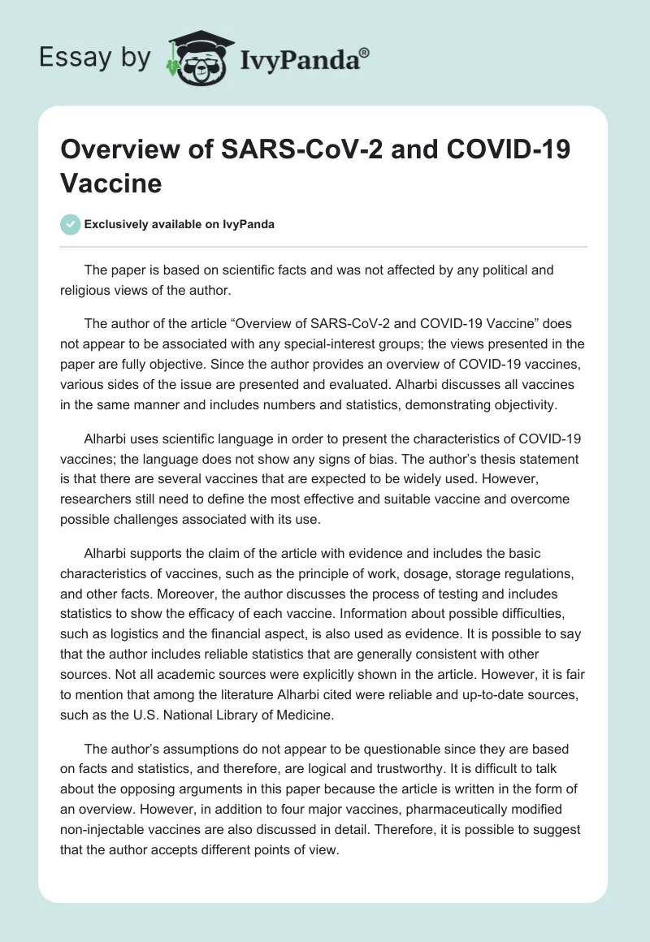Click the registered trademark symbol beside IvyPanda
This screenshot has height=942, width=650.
click(x=365, y=54)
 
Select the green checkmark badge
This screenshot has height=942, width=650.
click(x=71, y=224)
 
